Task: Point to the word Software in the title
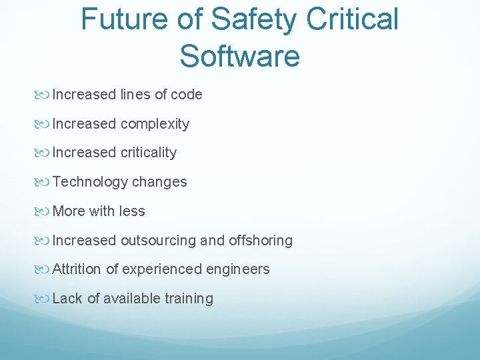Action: pyautogui.click(x=239, y=55)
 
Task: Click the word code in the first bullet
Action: pyautogui.click(x=186, y=95)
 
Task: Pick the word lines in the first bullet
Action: pyautogui.click(x=135, y=95)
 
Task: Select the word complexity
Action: pyautogui.click(x=155, y=124)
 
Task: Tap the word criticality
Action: pyautogui.click(x=149, y=153)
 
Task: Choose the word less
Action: pyautogui.click(x=132, y=211)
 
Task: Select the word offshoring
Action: pyautogui.click(x=261, y=241)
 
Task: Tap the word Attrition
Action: pyautogui.click(x=77, y=269)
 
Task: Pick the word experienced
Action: pyautogui.click(x=162, y=269)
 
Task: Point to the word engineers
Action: pyautogui.click(x=238, y=269)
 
